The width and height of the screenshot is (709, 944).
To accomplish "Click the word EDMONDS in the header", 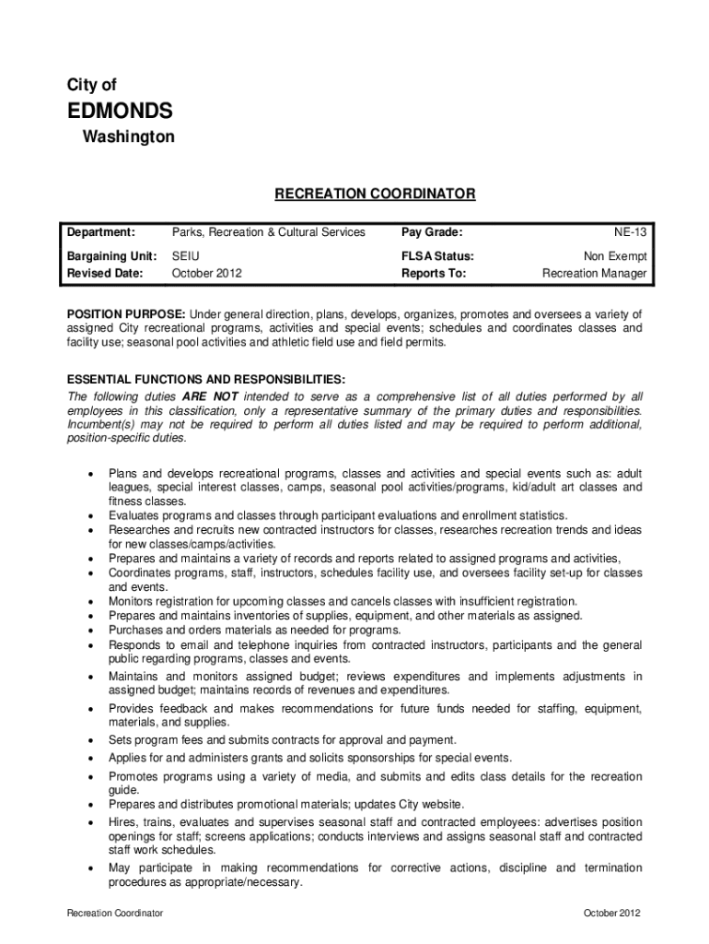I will coord(120,112).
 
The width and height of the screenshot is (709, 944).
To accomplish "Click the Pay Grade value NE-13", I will coord(631,232).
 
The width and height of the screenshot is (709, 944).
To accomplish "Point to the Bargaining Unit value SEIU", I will coord(186,256).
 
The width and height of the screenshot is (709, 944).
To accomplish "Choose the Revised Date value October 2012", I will coord(207,274).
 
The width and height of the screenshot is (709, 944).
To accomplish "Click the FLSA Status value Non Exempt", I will coord(615,256).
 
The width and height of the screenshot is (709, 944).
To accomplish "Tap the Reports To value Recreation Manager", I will coord(594,274).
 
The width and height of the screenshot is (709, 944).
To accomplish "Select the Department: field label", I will coord(101,232).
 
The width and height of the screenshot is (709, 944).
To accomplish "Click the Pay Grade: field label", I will coord(432,232).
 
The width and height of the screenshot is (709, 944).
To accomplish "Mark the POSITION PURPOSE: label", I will coord(126,314).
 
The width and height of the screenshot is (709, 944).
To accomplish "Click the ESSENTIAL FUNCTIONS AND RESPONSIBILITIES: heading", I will coord(206,379).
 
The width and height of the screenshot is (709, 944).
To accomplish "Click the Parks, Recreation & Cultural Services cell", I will coord(269,232).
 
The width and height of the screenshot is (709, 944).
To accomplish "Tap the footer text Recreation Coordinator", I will coord(115,913).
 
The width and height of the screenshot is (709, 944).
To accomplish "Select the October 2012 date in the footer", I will coord(612,913).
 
